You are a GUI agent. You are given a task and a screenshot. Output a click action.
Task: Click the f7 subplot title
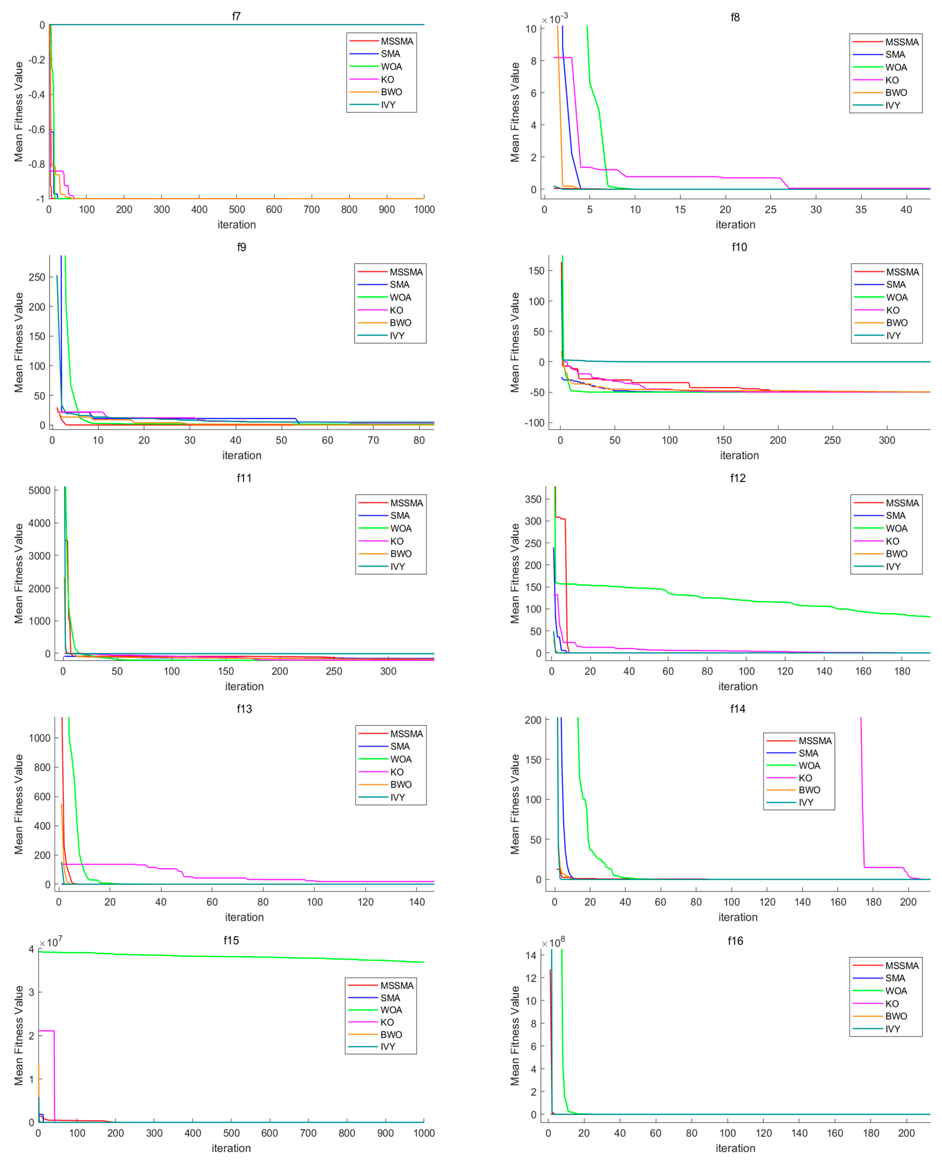236,16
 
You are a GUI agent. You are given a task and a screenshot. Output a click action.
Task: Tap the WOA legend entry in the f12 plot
896,528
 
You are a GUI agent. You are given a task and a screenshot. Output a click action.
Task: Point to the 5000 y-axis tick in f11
39,490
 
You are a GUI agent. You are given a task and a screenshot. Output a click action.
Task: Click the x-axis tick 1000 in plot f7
424,209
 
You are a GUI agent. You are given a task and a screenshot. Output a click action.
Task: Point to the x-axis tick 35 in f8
861,209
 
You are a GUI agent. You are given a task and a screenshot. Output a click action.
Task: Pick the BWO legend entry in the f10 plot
896,322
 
